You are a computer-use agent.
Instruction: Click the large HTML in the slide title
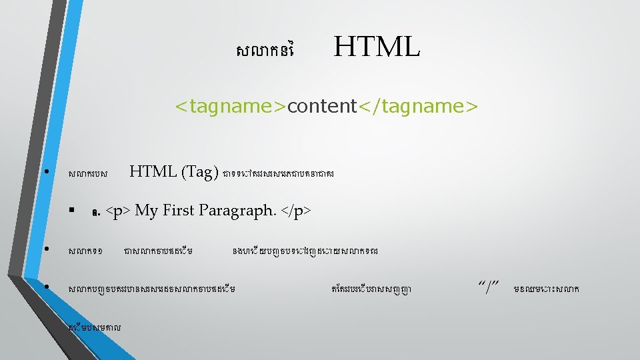[377, 47]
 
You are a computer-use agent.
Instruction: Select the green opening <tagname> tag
[231, 106]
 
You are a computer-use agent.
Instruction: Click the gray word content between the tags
[322, 106]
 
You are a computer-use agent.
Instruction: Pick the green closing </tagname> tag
[418, 106]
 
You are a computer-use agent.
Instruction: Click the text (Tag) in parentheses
[199, 172]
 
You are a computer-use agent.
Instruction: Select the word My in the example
[146, 211]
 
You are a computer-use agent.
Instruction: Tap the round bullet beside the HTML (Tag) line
[46, 172]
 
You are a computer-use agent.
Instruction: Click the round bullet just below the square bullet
[46, 250]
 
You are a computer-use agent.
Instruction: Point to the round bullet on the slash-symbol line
[46, 288]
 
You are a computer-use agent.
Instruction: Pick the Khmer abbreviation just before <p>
[97, 213]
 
